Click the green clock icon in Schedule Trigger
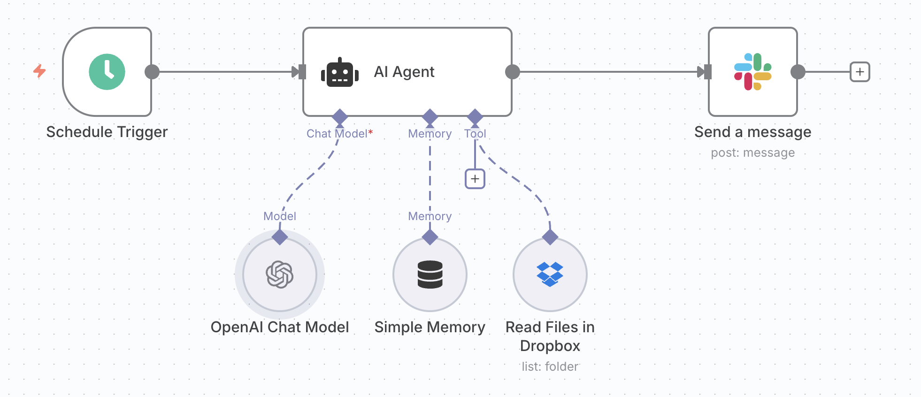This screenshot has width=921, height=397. (x=107, y=72)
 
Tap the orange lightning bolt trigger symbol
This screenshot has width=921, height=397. (x=39, y=71)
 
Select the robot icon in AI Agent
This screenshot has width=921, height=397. (x=339, y=73)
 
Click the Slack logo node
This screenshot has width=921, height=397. (x=752, y=72)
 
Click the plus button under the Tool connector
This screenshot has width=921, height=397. (x=475, y=179)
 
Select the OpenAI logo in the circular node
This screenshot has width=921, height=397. (x=280, y=274)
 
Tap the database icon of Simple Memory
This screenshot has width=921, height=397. (x=430, y=274)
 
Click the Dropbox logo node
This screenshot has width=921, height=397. (x=550, y=274)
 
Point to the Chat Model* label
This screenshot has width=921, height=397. (x=339, y=134)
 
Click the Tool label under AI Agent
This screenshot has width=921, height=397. (x=475, y=134)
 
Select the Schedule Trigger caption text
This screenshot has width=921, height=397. (x=107, y=132)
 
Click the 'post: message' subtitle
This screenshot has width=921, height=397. (x=752, y=153)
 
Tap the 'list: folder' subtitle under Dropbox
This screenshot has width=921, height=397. (x=550, y=366)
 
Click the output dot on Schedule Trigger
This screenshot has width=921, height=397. (x=152, y=72)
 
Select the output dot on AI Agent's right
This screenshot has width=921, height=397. (x=512, y=72)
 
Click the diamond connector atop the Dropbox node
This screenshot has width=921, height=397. (x=550, y=237)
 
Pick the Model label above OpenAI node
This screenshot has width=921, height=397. (x=280, y=216)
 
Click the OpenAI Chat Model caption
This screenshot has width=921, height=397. (x=280, y=327)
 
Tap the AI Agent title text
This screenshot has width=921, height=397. (x=404, y=72)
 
